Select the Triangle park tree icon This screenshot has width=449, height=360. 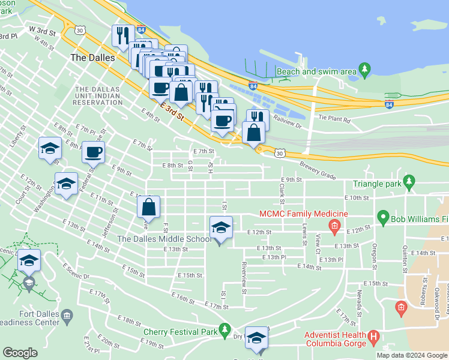pos(409,181)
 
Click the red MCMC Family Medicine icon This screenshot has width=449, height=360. pos(334,226)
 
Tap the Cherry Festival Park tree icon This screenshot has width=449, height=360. pos(224,329)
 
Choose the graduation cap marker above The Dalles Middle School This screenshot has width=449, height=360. pos(220,229)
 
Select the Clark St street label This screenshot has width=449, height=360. pos(282,192)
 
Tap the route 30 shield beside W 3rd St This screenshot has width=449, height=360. pos(80,29)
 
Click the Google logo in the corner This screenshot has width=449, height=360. pos(20,353)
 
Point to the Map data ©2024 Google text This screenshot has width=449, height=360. pos(412,355)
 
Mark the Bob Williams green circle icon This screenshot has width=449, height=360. pos(382,217)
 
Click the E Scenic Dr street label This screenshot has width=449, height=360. pos(75,272)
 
